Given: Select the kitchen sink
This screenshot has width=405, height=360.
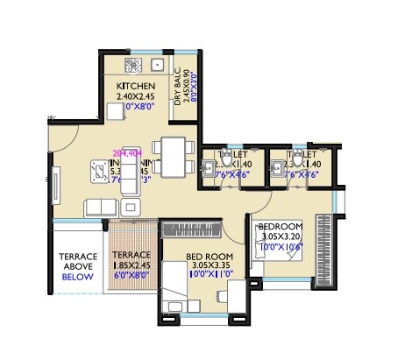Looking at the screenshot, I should (158, 64).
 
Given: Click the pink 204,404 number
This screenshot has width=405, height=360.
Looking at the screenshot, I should (127, 152).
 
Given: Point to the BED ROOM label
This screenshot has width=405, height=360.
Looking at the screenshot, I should (208, 257).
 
